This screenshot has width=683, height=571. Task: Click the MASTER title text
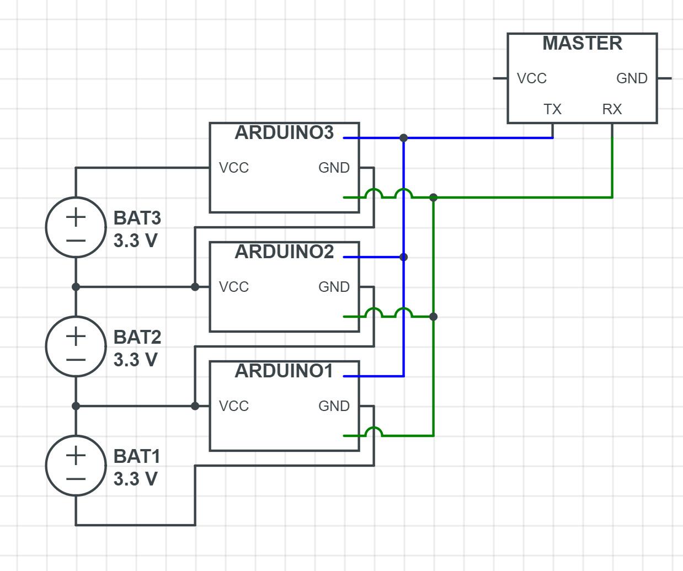pyautogui.click(x=582, y=43)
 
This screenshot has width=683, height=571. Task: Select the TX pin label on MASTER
pyautogui.click(x=552, y=109)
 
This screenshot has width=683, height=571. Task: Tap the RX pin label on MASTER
pyautogui.click(x=612, y=109)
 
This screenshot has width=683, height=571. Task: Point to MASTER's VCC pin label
pyautogui.click(x=532, y=78)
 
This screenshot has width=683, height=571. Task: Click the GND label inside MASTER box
pyautogui.click(x=632, y=78)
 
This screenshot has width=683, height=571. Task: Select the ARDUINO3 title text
pyautogui.click(x=284, y=132)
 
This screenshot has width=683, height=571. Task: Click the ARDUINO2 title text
pyautogui.click(x=284, y=252)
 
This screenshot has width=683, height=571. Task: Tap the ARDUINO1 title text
pyautogui.click(x=284, y=371)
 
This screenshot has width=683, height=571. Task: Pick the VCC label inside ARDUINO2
pyautogui.click(x=234, y=287)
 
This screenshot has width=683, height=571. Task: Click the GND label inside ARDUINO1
pyautogui.click(x=334, y=406)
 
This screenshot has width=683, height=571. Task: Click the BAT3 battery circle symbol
pyautogui.click(x=76, y=227)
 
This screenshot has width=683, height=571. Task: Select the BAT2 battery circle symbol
pyautogui.click(x=76, y=346)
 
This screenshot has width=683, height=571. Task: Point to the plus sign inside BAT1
pyautogui.click(x=76, y=455)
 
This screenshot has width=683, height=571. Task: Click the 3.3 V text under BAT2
pyautogui.click(x=136, y=360)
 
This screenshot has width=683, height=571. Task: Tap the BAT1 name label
pyautogui.click(x=137, y=456)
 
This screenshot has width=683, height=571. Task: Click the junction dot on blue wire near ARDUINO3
pyautogui.click(x=404, y=138)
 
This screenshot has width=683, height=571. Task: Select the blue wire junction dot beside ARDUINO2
pyautogui.click(x=404, y=257)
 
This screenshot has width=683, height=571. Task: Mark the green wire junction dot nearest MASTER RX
pyautogui.click(x=434, y=198)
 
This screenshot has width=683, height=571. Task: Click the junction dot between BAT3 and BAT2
pyautogui.click(x=76, y=287)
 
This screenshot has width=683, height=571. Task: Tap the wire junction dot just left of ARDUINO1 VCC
pyautogui.click(x=195, y=406)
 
